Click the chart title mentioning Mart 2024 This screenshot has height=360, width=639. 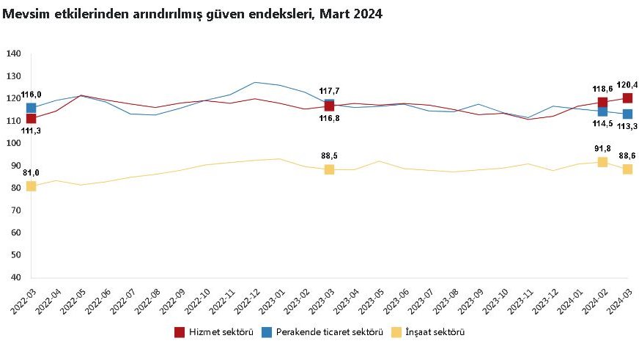coord(193,14)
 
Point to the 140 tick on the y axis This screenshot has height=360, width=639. coord(14,54)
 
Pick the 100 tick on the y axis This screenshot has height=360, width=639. coord(14,144)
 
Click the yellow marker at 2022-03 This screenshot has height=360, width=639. coord(31,186)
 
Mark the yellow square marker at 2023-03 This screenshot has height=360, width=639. coord(329,169)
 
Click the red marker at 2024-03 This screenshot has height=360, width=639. coord(627,98)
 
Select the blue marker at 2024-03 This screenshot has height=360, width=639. coord(627,114)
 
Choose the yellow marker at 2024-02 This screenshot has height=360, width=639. coord(602,162)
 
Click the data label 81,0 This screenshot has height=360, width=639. coord(30,173)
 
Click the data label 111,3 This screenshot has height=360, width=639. coord(31,131)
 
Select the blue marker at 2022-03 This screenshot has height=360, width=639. coord(31,108)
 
